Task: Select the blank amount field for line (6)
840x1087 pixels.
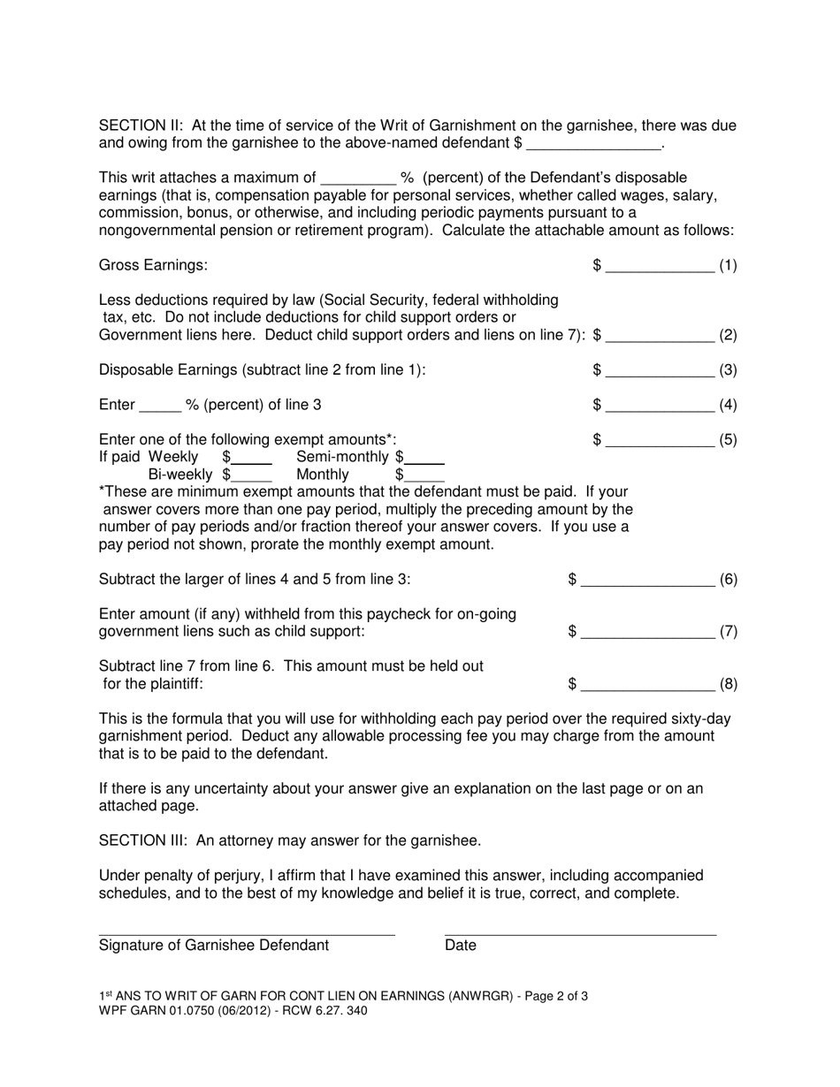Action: coord(648,582)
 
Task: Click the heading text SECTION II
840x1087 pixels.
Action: coord(140,126)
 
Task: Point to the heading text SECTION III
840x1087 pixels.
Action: coord(143,840)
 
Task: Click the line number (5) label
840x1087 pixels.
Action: coord(728,440)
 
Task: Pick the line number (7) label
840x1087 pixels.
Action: coord(728,632)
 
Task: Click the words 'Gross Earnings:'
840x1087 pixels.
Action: coord(154,265)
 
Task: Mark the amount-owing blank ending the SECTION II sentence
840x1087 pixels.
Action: coord(593,144)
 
